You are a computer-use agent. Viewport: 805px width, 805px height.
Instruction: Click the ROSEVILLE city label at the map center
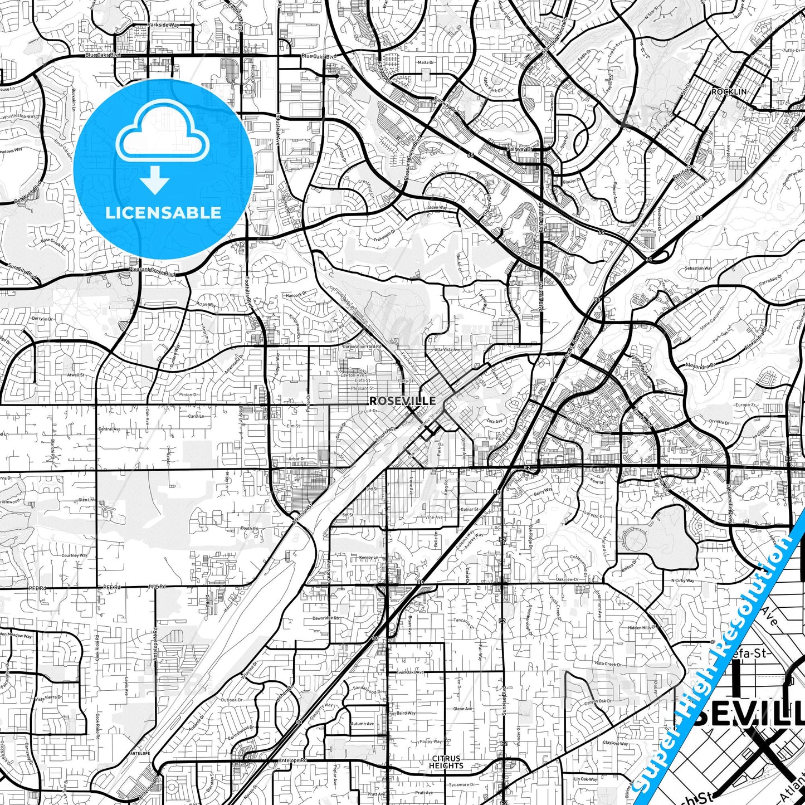click(403, 401)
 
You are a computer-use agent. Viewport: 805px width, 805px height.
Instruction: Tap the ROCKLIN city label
click(729, 91)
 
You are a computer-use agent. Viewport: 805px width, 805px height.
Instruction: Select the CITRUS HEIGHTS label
click(446, 762)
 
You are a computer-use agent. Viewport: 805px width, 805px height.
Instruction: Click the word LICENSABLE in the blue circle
click(163, 212)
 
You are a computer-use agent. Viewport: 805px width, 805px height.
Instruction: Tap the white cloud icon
click(163, 136)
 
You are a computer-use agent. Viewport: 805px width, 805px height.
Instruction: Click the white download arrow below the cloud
click(155, 181)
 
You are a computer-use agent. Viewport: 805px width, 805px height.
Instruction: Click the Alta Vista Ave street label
click(448, 350)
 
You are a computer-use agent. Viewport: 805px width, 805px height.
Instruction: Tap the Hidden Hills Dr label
click(643, 627)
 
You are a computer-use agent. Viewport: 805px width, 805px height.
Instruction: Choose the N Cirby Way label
click(682, 580)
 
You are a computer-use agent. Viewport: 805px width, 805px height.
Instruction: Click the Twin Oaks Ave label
click(411, 672)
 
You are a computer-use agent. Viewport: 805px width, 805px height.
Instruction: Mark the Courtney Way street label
click(74, 555)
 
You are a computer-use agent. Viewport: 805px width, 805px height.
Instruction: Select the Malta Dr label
click(426, 62)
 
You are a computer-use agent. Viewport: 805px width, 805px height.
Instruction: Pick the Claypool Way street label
click(615, 743)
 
